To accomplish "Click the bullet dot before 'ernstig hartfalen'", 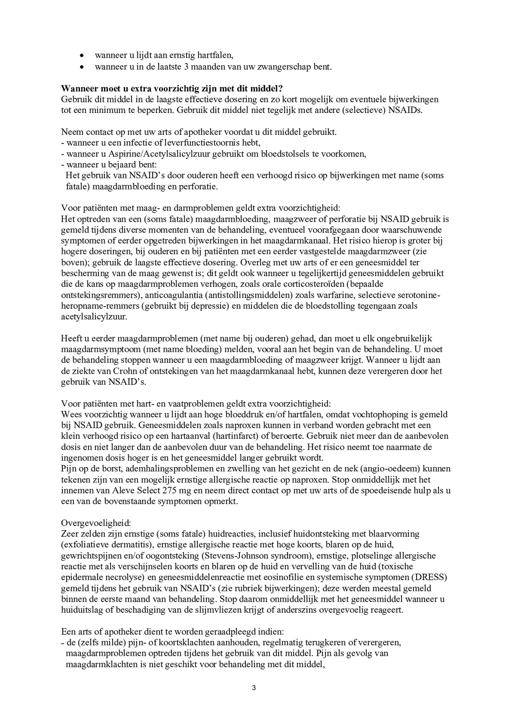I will coord(82,55).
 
